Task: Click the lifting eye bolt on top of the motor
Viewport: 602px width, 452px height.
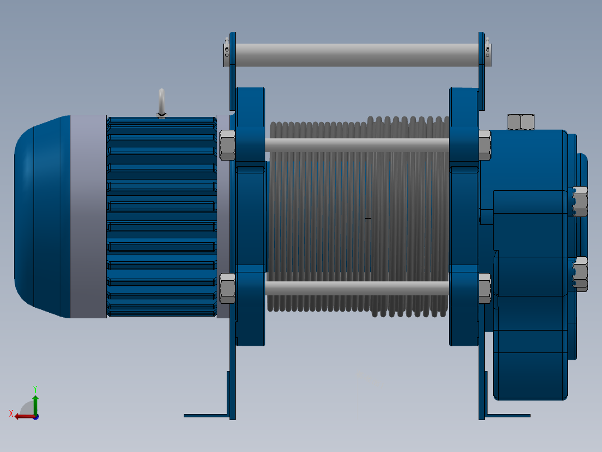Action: coord(161,102)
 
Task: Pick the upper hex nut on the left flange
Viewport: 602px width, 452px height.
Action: coord(227,145)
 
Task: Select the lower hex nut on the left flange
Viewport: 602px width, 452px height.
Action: coord(227,288)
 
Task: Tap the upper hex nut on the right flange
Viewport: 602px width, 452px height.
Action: coord(484,145)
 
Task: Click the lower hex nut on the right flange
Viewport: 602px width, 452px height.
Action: coord(484,288)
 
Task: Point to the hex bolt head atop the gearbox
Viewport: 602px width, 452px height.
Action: coord(520,121)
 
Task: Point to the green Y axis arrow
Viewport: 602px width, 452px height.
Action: coord(35,402)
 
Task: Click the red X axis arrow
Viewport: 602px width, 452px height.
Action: coord(22,416)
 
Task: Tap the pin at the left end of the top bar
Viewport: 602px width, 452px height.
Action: coord(226,51)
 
